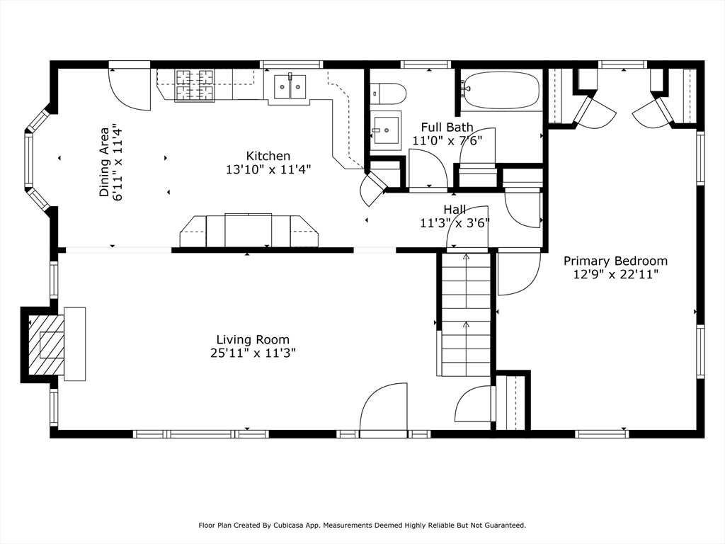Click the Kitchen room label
click(x=268, y=156)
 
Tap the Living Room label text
click(x=253, y=341)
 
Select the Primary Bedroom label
click(x=615, y=261)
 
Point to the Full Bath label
click(x=447, y=127)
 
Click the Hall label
click(x=455, y=210)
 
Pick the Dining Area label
click(x=105, y=162)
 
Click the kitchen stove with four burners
click(x=195, y=85)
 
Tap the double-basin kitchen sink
click(x=290, y=86)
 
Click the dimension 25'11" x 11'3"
click(x=253, y=353)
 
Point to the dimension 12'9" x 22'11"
click(x=615, y=275)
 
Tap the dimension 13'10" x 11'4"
click(x=268, y=170)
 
